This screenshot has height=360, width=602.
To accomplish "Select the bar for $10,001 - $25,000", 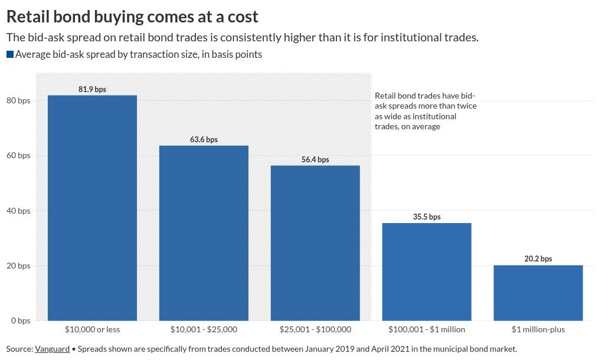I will tap(204, 233).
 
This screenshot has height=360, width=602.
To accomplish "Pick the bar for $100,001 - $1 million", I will tap(427, 271).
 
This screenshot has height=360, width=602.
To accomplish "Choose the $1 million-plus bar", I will tap(538, 293).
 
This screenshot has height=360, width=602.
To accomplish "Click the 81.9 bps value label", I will tap(92, 89).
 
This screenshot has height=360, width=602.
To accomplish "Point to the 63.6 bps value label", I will tap(204, 140).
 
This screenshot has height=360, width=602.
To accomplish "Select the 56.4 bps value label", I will tap(315, 159).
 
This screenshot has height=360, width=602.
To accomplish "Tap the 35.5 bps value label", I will tap(427, 217).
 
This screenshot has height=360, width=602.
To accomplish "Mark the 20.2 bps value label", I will tap(538, 258).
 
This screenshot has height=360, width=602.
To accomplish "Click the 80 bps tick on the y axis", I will tap(18, 101).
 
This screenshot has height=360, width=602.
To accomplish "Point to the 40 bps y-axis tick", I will tap(18, 211).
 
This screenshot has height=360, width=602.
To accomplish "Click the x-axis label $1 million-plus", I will tap(538, 329).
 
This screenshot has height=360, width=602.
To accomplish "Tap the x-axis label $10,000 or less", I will tap(92, 329).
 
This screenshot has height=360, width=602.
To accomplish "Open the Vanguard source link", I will tap(52, 349).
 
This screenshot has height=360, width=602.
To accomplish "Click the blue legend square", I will tap(9, 54).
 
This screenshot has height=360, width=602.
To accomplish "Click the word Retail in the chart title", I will tap(30, 16).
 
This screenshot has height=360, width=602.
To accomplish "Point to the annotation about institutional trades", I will tap(426, 111).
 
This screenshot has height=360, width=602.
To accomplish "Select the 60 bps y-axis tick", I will tap(18, 156).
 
